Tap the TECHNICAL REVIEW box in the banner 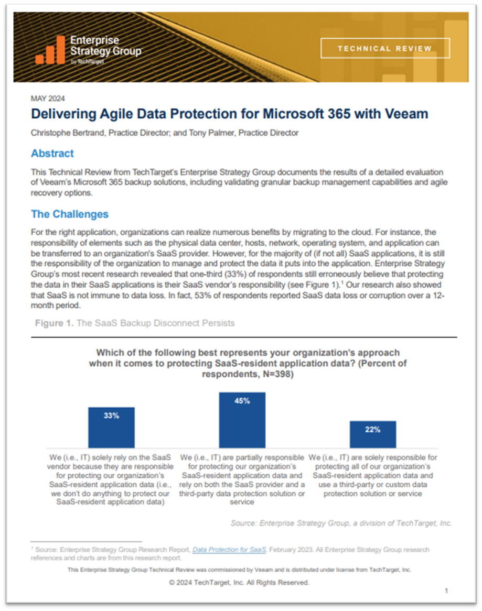click(x=385, y=49)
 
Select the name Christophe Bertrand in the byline click(x=68, y=133)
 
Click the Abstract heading click(x=52, y=154)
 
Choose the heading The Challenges click(x=70, y=214)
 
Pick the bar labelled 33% click(x=111, y=427)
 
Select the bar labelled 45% click(x=242, y=419)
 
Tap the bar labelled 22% click(x=373, y=433)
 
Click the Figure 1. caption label click(x=54, y=323)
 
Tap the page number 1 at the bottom click(x=446, y=591)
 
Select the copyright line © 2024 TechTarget click(x=239, y=582)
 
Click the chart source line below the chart click(x=341, y=523)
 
